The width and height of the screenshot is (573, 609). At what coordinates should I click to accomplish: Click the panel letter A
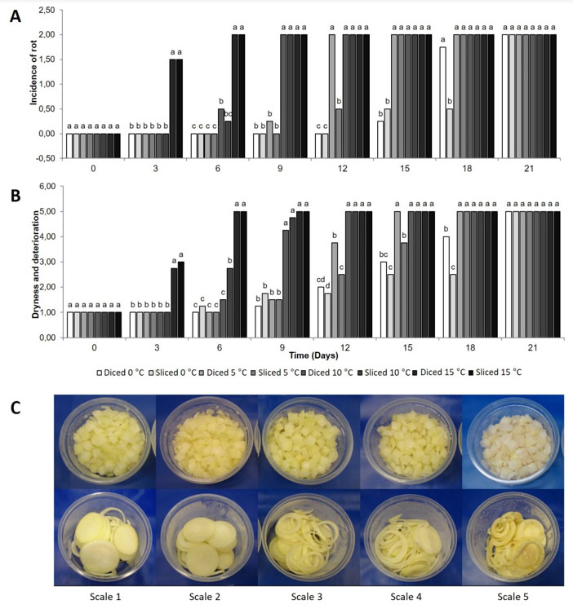click(13, 16)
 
